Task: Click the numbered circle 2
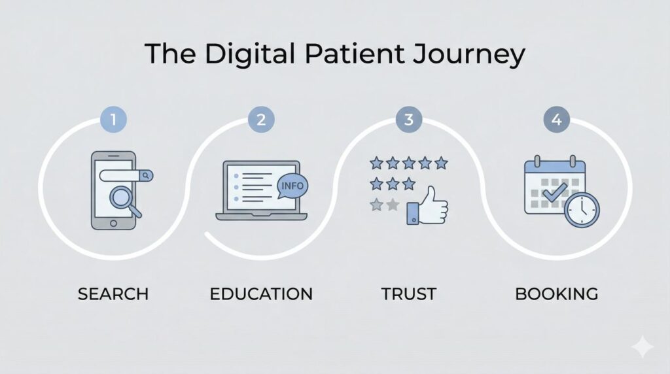tap(260, 120)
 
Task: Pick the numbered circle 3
tap(408, 120)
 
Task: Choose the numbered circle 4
tap(556, 120)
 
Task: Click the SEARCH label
tap(113, 294)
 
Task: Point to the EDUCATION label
tap(261, 294)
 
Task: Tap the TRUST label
tap(408, 294)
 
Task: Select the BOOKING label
tap(556, 294)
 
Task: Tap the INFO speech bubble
tap(291, 186)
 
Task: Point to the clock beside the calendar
tap(581, 210)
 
